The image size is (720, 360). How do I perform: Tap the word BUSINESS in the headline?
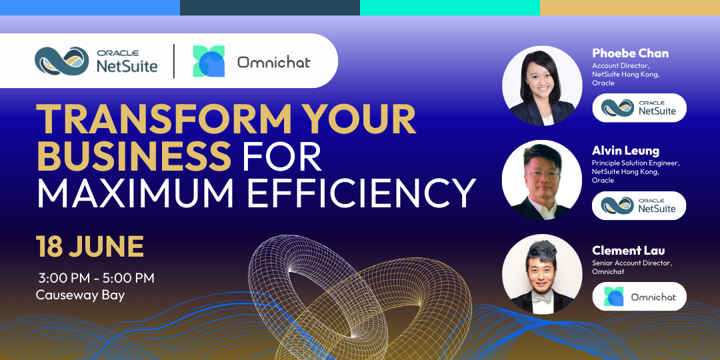[133, 155]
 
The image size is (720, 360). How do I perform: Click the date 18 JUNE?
[90, 247]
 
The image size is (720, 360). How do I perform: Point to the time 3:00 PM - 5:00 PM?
[97, 278]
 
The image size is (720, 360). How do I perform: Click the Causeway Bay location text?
[81, 295]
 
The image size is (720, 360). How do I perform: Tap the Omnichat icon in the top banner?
[209, 61]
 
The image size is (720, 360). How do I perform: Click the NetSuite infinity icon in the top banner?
[62, 61]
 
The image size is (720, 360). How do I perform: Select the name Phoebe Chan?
[630, 53]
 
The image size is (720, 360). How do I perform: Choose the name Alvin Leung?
[625, 151]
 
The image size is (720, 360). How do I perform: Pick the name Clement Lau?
[628, 250]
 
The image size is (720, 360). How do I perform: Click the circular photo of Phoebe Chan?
[542, 86]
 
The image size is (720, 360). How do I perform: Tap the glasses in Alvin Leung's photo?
[543, 175]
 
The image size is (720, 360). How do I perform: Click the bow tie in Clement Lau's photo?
[542, 298]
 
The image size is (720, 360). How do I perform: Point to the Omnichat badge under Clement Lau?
[639, 297]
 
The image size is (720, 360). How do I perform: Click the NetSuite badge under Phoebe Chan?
[639, 108]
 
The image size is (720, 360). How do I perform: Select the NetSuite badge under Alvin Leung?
[639, 205]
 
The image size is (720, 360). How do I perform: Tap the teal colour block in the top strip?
[450, 7]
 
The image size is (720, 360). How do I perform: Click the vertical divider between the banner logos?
[174, 61]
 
